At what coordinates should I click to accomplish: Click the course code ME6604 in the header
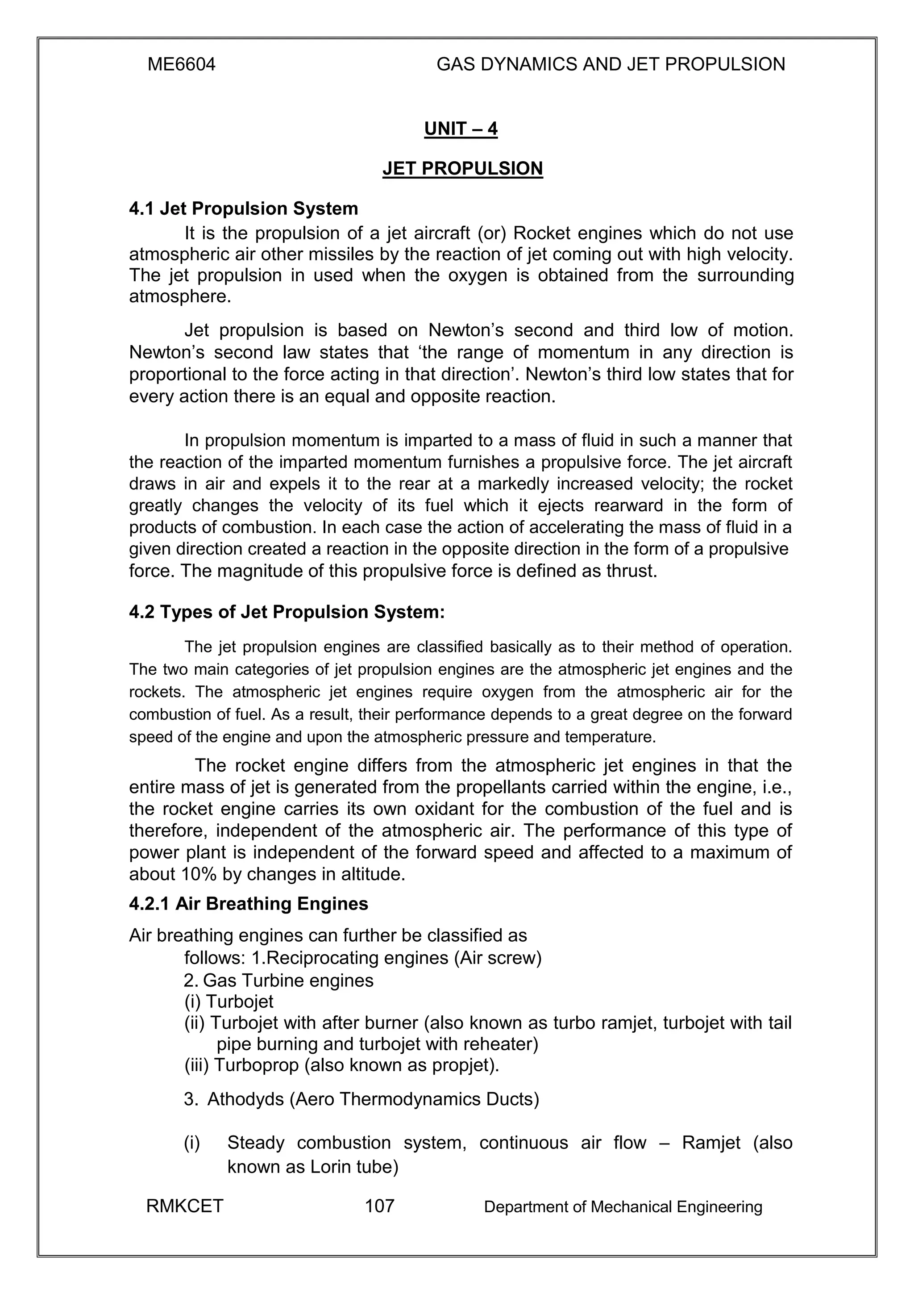181,65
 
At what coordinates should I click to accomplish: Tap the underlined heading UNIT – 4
461,129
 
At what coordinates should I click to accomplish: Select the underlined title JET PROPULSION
462,168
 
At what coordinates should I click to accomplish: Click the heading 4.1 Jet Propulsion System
243,209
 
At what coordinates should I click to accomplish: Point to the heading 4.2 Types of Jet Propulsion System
287,612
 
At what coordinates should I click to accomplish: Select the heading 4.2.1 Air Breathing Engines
248,904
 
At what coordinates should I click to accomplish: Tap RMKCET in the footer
185,1206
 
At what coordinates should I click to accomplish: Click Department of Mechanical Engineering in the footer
623,1206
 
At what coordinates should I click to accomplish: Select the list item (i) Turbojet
228,1002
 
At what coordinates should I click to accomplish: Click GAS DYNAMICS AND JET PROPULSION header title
611,65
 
